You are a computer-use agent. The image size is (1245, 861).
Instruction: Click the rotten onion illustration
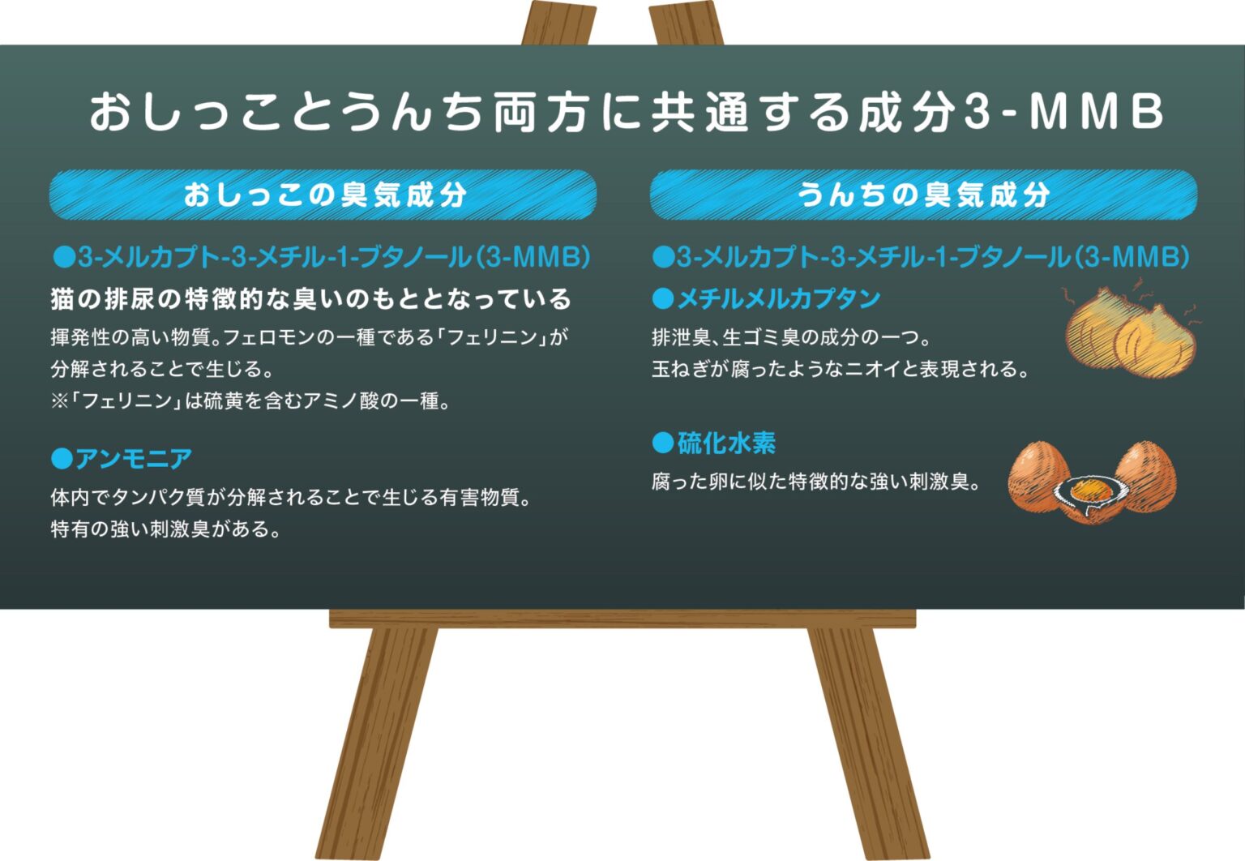click(1131, 332)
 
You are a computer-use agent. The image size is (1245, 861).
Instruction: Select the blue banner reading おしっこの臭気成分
click(323, 195)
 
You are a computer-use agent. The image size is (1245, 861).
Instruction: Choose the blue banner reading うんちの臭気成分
click(923, 195)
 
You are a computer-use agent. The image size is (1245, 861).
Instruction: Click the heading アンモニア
click(134, 459)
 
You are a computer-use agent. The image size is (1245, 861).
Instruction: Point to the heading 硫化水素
click(726, 443)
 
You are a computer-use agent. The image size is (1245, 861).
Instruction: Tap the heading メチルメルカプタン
click(779, 299)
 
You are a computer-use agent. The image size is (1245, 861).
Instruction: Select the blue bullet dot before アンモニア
click(62, 459)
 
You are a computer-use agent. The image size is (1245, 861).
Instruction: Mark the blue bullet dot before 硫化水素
click(663, 443)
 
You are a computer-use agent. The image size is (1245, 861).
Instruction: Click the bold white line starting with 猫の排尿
click(310, 299)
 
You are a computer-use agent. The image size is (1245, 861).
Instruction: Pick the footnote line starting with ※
click(250, 401)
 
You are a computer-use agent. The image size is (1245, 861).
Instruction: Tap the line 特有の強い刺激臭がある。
click(165, 529)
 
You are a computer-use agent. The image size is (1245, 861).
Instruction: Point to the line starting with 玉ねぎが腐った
click(841, 369)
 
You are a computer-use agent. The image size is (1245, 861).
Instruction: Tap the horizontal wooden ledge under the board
click(622, 618)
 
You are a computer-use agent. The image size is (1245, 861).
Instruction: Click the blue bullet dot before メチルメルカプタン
click(663, 299)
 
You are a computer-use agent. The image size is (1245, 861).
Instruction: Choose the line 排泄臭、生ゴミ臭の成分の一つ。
click(791, 337)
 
